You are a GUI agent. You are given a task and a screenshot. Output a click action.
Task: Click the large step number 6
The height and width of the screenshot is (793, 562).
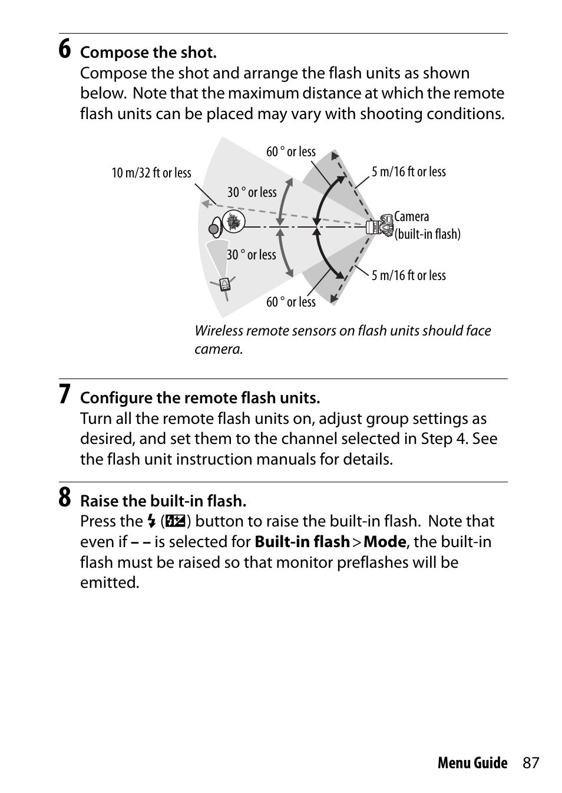coord(65,49)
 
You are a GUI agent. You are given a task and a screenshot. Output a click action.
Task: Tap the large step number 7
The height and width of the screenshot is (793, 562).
coord(65,394)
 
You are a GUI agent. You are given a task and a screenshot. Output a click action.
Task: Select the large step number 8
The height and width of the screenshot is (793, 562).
coord(65,498)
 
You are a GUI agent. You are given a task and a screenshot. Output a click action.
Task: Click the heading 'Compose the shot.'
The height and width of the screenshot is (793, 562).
coord(148,52)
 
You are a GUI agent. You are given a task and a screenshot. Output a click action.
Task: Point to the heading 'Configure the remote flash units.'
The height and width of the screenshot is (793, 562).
coord(200,398)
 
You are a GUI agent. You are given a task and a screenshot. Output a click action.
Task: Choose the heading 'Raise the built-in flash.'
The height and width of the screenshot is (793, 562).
coord(163,501)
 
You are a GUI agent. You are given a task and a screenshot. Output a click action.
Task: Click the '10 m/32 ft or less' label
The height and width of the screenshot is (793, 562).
coord(151,173)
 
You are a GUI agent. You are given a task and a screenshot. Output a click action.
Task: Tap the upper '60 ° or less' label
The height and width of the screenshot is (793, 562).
coord(291,152)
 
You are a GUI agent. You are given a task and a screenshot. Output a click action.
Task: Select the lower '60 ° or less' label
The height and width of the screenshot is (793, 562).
coord(291,302)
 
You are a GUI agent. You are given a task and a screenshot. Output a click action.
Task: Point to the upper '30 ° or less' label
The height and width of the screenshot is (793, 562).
coord(252,192)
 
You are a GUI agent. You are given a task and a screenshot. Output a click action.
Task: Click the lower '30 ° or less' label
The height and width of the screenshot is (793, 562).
coord(252,255)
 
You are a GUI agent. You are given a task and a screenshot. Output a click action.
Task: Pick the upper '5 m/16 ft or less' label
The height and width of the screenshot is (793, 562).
coord(408,172)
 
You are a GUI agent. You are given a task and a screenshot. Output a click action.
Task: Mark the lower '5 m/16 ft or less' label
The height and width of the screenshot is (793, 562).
coord(408,275)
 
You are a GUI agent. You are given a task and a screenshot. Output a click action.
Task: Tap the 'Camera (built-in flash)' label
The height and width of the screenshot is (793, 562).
coord(427,225)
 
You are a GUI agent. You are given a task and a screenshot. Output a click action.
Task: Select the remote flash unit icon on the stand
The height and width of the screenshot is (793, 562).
coord(224,284)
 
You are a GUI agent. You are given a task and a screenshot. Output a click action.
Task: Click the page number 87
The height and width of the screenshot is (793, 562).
coord(530,763)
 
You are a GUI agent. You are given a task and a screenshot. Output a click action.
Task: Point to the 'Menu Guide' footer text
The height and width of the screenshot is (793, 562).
coord(472,763)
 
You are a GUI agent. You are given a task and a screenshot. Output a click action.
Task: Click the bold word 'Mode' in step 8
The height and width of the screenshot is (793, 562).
coord(385,542)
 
